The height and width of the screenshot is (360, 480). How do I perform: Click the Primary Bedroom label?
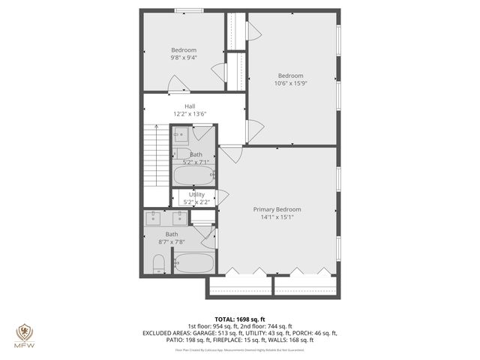[x=277, y=209]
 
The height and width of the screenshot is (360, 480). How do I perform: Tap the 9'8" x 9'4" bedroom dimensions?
[x=183, y=58]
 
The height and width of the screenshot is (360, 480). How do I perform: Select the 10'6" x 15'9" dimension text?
[x=291, y=83]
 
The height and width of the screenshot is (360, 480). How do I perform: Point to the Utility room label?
[x=196, y=194]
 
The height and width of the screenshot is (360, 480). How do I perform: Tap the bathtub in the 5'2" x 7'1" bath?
[x=193, y=175]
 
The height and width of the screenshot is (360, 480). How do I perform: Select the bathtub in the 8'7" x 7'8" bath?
[x=193, y=263]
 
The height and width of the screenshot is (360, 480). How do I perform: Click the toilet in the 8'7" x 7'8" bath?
[x=158, y=263]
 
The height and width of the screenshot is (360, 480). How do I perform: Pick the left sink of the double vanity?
[x=154, y=217]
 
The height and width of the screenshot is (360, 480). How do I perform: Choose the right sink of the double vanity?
[x=180, y=217]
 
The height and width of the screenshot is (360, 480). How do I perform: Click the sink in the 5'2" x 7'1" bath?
[x=181, y=136]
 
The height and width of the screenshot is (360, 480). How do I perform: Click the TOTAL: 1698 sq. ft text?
[x=240, y=319]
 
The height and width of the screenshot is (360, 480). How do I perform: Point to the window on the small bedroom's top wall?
[x=188, y=10]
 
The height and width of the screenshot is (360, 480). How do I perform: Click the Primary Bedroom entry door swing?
[x=230, y=154]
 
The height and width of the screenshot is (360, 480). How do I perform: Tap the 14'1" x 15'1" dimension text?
[x=277, y=218]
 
